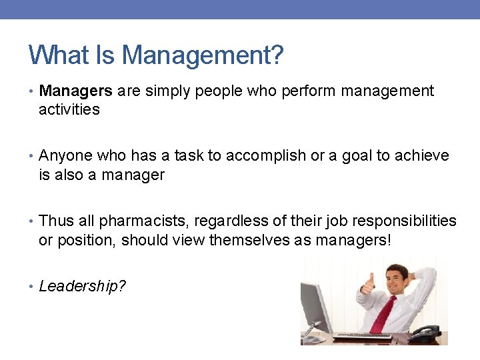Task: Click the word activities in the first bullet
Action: (69, 109)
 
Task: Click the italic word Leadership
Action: (79, 286)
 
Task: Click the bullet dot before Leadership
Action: (32, 287)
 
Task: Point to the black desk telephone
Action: (424, 333)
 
